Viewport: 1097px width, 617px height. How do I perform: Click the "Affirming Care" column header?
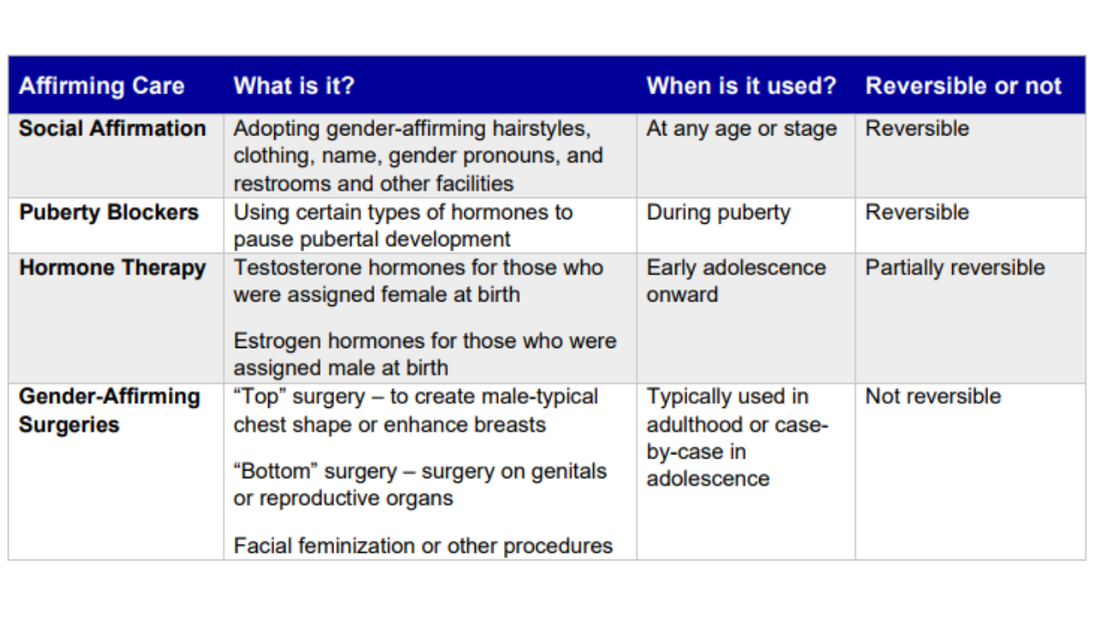101,86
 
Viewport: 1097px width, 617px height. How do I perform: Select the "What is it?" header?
293,86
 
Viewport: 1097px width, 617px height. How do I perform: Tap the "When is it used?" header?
740,86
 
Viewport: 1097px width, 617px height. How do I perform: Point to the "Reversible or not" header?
963,86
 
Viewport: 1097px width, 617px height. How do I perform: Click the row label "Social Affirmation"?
112,129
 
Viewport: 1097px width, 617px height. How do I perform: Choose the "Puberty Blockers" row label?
109,213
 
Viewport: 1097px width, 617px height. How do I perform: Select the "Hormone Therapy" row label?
112,267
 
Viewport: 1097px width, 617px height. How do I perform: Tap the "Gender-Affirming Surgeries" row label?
109,410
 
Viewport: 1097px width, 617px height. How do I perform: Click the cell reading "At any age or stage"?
741,129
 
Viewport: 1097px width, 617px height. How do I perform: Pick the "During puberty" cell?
718,213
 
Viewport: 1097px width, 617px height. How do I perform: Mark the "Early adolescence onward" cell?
735,280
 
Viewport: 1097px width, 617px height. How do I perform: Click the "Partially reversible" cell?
955,267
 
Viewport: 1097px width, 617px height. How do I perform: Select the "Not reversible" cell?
932,396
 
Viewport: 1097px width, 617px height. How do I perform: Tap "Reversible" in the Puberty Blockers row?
917,213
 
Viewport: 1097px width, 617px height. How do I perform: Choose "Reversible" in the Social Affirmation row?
917,129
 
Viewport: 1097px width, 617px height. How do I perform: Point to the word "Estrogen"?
274,340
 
